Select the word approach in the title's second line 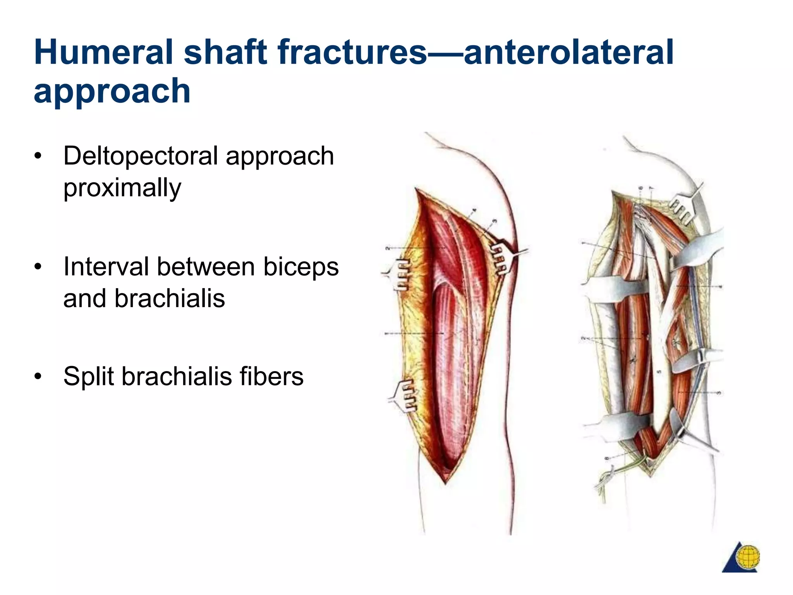pyautogui.click(x=112, y=92)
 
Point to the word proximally pyautogui.click(x=122, y=188)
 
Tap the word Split pyautogui.click(x=89, y=377)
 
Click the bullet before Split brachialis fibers pyautogui.click(x=38, y=377)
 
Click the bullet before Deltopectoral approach pyautogui.click(x=38, y=156)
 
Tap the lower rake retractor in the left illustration pyautogui.click(x=405, y=395)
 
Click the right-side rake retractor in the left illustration pyautogui.click(x=503, y=257)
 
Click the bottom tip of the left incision pyautogui.click(x=445, y=483)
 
